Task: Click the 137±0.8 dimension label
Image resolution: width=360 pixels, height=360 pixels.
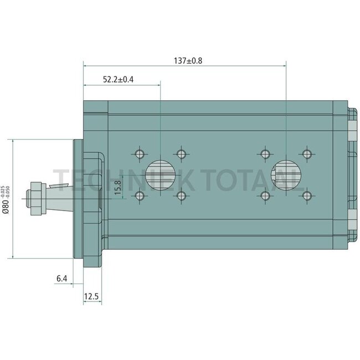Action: point(188,61)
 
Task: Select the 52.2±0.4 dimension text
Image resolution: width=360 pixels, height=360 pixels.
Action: point(118,80)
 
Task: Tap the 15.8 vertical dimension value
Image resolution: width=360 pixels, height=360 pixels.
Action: point(117,187)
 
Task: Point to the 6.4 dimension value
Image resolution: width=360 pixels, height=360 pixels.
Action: point(62,279)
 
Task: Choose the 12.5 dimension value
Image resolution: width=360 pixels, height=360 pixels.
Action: point(91,296)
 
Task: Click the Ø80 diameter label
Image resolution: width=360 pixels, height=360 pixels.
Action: point(6,205)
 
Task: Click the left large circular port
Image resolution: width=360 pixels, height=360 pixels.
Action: point(161,175)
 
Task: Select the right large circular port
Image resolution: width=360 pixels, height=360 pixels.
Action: point(286,175)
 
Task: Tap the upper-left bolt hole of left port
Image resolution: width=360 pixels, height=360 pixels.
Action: point(140,154)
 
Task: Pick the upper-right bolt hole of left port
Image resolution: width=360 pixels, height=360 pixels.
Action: point(181,154)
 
